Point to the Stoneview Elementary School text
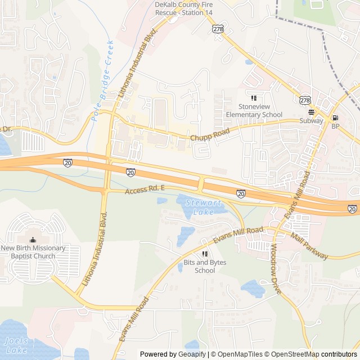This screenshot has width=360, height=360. click(x=254, y=111)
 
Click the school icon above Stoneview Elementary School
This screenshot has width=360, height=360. click(x=254, y=98)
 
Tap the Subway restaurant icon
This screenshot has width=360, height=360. click(x=311, y=112)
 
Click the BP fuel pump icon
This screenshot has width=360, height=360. click(x=336, y=118)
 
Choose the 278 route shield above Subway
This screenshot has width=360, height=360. click(x=305, y=100)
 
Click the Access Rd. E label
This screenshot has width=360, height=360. click(x=145, y=191)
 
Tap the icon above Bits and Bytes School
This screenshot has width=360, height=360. click(x=205, y=254)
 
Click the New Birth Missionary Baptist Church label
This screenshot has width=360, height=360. click(x=33, y=252)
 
